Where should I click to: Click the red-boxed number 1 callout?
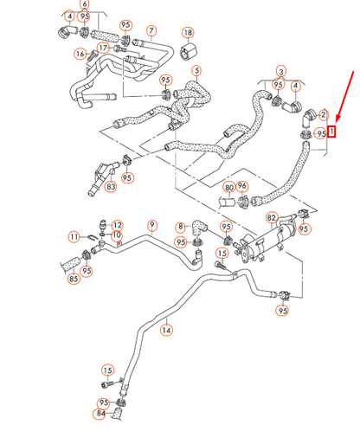point(332,133)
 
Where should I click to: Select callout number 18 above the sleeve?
point(188,33)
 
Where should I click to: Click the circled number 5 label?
point(196,71)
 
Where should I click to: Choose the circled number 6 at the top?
point(84,5)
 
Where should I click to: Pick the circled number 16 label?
point(80,55)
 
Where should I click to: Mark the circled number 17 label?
point(103,48)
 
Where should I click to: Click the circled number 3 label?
point(280,70)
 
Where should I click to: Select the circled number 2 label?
point(323,114)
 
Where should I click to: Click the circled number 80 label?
point(228,186)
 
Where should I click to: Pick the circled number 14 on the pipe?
point(167,330)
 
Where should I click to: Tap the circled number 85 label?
point(74,279)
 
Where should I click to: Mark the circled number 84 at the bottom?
point(101,414)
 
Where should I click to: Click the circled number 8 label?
point(181,228)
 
